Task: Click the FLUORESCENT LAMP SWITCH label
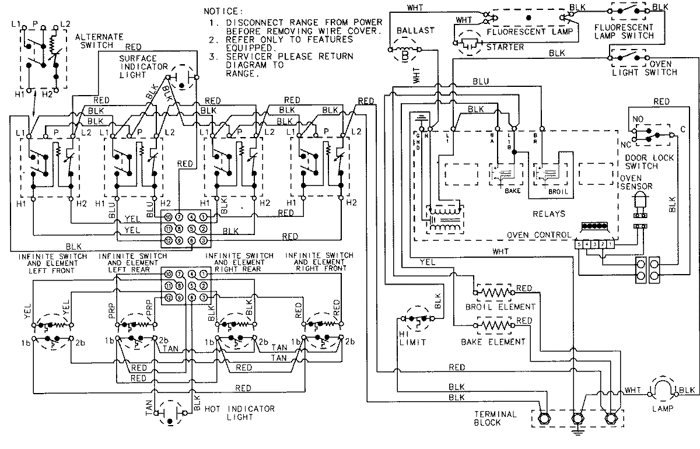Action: [x=624, y=31]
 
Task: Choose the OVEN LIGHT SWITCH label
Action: [x=645, y=68]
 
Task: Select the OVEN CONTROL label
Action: [x=539, y=234]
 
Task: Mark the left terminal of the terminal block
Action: [x=544, y=418]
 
